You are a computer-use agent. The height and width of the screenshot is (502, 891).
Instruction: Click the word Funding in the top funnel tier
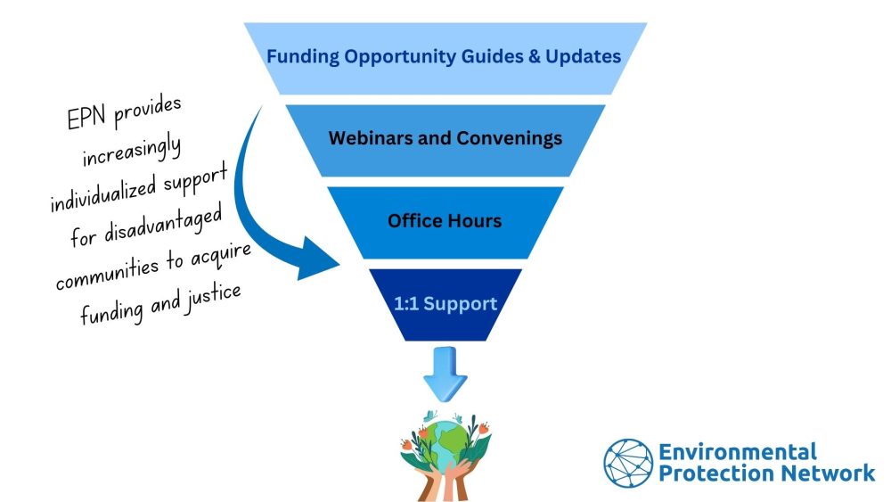coord(303,57)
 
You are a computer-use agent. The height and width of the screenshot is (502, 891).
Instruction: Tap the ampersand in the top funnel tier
coord(534,56)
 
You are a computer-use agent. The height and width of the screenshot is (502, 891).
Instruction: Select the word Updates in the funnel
coord(583,57)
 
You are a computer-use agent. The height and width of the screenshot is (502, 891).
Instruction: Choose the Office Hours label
coord(445,220)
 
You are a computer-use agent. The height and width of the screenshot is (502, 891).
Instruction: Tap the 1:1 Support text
coord(445,303)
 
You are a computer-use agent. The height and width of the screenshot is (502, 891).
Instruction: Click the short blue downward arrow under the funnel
coord(445,374)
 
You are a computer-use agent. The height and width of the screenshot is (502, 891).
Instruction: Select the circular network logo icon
coord(628,464)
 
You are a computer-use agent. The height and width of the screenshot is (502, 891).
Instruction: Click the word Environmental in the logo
coord(738,452)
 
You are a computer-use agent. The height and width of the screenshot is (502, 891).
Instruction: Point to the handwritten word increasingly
coord(133,152)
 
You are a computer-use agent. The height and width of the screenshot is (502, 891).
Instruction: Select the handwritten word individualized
coord(102,193)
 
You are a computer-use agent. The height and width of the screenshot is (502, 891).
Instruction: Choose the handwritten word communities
coord(108,272)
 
